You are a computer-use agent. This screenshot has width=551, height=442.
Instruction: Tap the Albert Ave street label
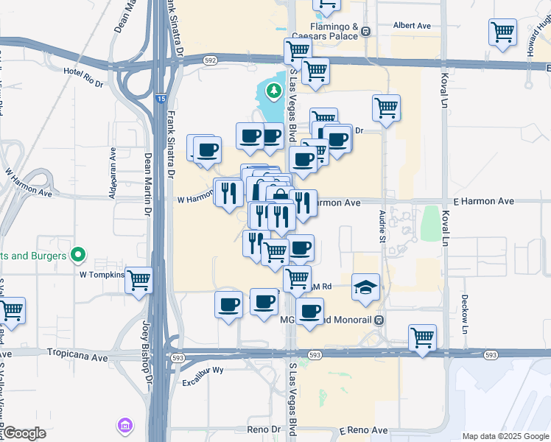[x=412, y=25]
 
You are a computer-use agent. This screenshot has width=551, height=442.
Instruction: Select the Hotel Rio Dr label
[x=84, y=77]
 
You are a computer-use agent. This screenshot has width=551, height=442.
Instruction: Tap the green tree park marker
[x=274, y=91]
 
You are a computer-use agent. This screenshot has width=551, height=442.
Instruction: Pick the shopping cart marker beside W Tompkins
[x=139, y=280]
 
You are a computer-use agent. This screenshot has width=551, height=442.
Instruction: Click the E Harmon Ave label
[x=483, y=201]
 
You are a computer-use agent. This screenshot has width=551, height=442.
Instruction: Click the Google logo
[x=24, y=433]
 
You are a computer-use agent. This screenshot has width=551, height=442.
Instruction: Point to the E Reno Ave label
[x=363, y=430]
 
